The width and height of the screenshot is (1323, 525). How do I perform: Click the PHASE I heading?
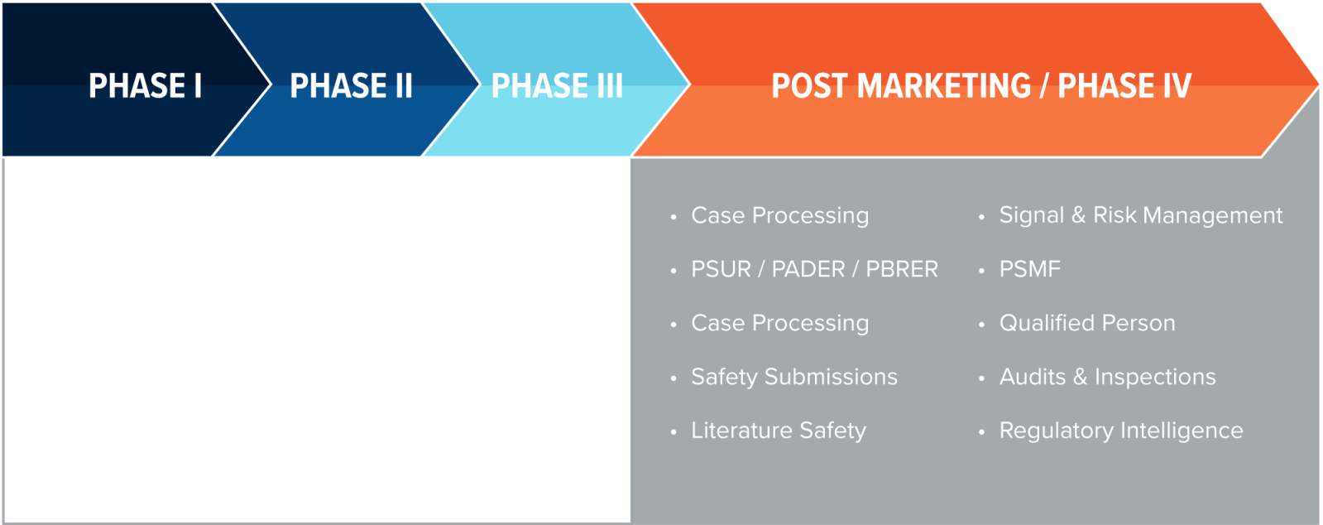pyautogui.click(x=145, y=86)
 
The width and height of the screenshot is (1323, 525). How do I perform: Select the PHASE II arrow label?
pyautogui.click(x=351, y=86)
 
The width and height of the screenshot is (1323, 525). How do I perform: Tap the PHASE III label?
pyautogui.click(x=557, y=86)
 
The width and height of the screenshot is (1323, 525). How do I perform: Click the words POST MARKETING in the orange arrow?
pyautogui.click(x=901, y=86)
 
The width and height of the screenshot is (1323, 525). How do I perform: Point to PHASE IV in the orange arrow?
pyautogui.click(x=1124, y=86)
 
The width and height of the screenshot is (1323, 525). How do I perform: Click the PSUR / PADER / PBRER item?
pyautogui.click(x=814, y=269)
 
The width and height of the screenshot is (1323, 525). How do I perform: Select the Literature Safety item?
pyautogui.click(x=779, y=431)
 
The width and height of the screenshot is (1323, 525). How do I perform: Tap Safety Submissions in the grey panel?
pyautogui.click(x=794, y=377)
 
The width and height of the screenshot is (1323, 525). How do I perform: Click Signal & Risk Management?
pyautogui.click(x=1141, y=215)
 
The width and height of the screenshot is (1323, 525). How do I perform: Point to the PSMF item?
pyautogui.click(x=1030, y=269)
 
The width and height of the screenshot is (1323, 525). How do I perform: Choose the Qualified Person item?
pyautogui.click(x=1087, y=323)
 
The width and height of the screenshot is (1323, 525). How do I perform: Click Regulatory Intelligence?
pyautogui.click(x=1121, y=431)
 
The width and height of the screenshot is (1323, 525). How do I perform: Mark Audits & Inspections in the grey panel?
pyautogui.click(x=1108, y=377)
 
